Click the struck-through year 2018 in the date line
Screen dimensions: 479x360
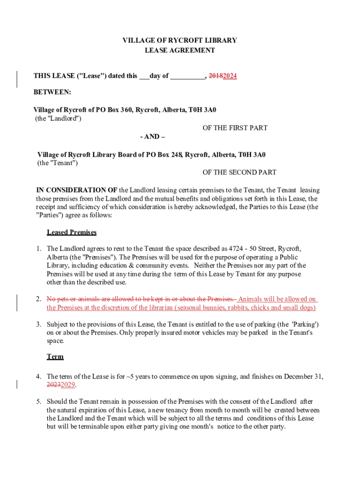point(216,76)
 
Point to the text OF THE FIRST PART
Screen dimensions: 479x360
point(235,128)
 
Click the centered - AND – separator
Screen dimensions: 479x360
point(152,137)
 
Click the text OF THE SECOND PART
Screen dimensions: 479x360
point(239,173)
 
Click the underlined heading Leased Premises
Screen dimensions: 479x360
point(72,232)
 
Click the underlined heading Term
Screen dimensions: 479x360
point(55,357)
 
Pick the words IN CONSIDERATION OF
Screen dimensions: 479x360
point(77,190)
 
